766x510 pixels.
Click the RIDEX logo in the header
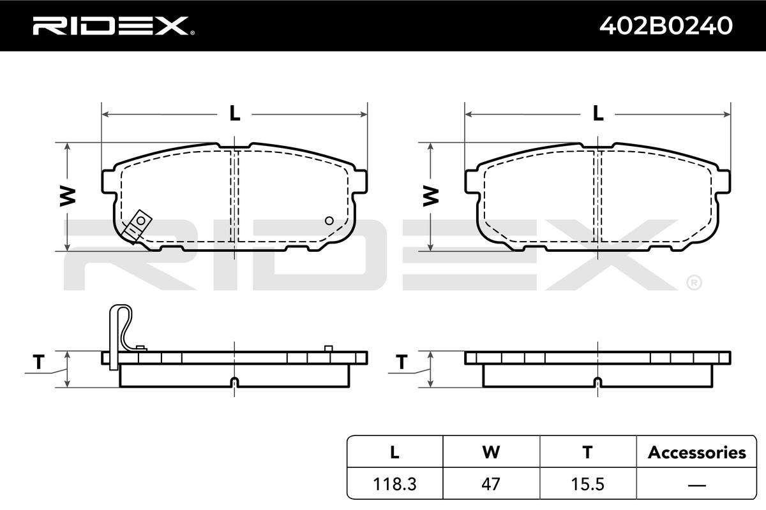click(x=113, y=26)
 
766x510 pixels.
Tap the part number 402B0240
click(x=666, y=25)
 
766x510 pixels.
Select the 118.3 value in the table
click(x=394, y=484)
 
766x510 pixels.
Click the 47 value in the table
click(x=491, y=484)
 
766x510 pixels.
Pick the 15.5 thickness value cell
click(x=587, y=484)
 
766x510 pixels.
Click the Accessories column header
click(x=697, y=453)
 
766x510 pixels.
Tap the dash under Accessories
click(x=696, y=485)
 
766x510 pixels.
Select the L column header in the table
click(x=394, y=452)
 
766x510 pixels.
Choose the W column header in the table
click(x=491, y=452)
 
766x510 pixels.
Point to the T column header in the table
click(x=587, y=452)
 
